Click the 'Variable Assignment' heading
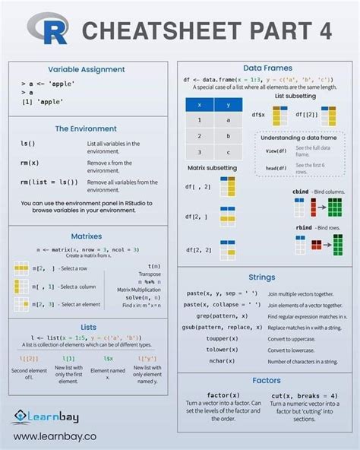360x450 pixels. (x=86, y=69)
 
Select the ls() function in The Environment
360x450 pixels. (x=28, y=143)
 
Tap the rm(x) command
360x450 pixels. (x=30, y=163)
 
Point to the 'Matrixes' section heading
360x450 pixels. (x=86, y=236)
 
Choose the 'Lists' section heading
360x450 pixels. (x=88, y=327)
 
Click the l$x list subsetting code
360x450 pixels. (x=108, y=357)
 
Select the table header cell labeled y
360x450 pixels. (x=228, y=104)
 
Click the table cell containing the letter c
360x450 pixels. (x=228, y=152)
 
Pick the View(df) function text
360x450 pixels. (x=276, y=151)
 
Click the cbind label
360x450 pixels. (x=302, y=192)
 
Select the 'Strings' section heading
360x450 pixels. (x=261, y=277)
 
